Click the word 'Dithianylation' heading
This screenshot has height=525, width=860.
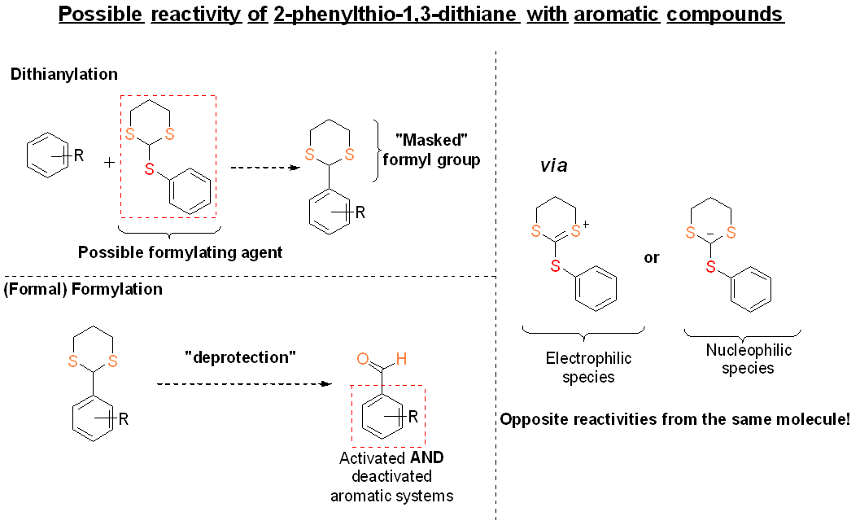point(64,74)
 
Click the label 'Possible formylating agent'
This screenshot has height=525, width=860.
point(180,252)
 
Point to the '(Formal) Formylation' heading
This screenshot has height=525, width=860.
point(83,289)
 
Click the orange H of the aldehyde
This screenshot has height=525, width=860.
point(399,358)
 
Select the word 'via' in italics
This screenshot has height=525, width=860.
point(554,166)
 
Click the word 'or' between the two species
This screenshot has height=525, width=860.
point(652,258)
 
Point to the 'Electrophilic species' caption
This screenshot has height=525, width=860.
point(588,367)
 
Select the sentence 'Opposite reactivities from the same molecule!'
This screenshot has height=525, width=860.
point(674,420)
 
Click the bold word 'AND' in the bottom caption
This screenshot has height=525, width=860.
point(426,457)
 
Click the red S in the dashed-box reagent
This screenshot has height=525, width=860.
point(149,168)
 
